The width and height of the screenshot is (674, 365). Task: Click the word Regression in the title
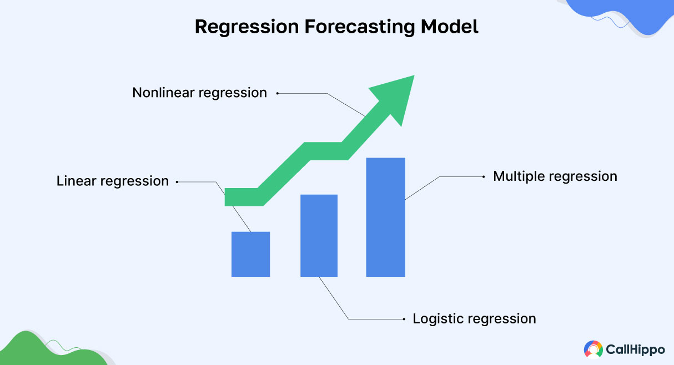point(247,27)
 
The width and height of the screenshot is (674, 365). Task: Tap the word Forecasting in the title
point(360,27)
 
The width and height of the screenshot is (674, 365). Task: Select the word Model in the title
point(450,27)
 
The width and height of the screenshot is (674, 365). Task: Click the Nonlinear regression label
point(199,93)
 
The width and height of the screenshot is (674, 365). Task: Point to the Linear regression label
point(113,181)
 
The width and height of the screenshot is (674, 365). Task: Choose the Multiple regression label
point(555,176)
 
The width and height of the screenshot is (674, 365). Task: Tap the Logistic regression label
point(474,319)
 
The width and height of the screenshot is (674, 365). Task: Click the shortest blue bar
point(250,254)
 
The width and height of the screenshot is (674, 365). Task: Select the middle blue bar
point(319,235)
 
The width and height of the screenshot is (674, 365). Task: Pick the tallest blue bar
point(385,217)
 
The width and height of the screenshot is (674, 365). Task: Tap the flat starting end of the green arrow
point(225,197)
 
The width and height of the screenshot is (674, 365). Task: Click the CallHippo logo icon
point(593,349)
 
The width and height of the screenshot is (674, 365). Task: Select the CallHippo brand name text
point(635,349)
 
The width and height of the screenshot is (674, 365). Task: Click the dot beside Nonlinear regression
point(278,94)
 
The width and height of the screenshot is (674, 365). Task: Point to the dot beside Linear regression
point(177,182)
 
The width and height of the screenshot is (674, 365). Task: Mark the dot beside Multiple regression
point(484,177)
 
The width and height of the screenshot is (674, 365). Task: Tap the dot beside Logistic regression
point(404,319)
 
